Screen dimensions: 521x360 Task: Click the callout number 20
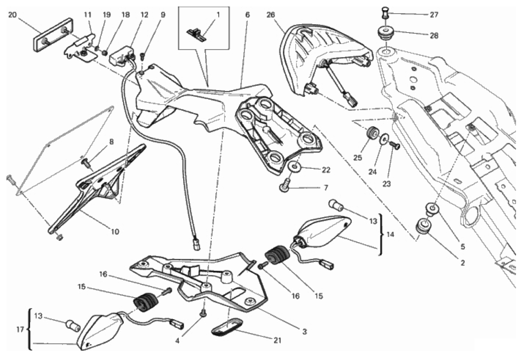(x=12, y=15)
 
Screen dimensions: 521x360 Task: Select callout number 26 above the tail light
(x=271, y=15)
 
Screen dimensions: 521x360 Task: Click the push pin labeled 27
(x=385, y=14)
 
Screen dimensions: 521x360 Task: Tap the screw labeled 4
(x=203, y=313)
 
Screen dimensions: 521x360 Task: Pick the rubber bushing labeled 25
(x=371, y=134)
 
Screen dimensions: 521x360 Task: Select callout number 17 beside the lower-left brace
(x=20, y=330)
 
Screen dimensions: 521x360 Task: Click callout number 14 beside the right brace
(x=390, y=235)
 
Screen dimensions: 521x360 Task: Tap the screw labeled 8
(x=85, y=163)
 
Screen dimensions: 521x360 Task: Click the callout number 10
(x=115, y=232)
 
